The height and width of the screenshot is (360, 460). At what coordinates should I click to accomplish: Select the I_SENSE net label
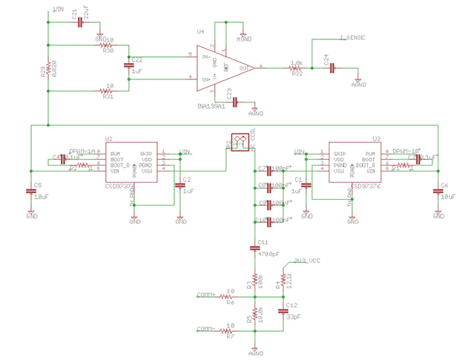pyautogui.click(x=351, y=37)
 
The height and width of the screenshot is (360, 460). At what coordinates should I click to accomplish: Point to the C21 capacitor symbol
pyautogui.click(x=79, y=23)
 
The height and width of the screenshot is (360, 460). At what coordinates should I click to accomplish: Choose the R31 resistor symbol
pyautogui.click(x=108, y=91)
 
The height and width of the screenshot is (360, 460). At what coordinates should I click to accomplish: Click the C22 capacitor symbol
pyautogui.click(x=129, y=68)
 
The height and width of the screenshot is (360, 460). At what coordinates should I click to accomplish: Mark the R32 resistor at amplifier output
pyautogui.click(x=296, y=68)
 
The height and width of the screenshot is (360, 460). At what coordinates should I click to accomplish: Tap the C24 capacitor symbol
pyautogui.click(x=332, y=68)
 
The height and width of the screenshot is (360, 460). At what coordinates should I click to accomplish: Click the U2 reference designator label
pyautogui.click(x=109, y=139)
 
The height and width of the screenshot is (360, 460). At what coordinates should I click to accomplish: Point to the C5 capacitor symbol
pyautogui.click(x=31, y=192)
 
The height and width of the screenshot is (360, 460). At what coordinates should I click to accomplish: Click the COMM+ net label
pyautogui.click(x=206, y=295)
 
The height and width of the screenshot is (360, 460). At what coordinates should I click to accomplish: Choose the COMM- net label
pyautogui.click(x=206, y=328)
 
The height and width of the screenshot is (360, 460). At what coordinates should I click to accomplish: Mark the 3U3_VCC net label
pyautogui.click(x=306, y=261)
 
